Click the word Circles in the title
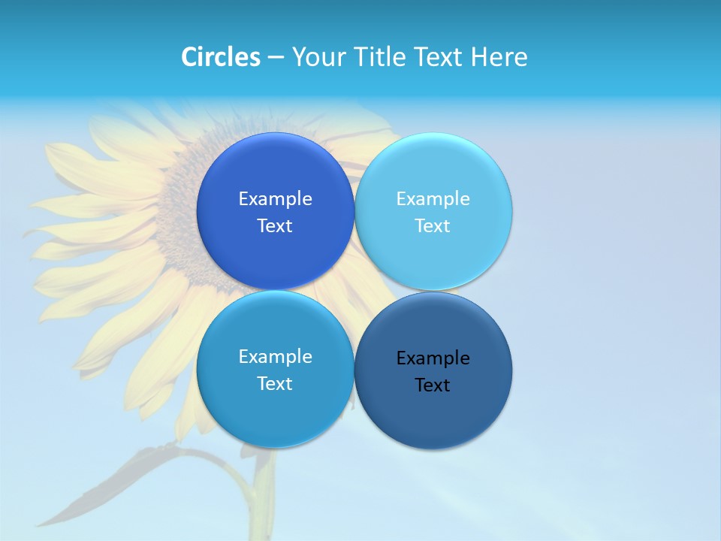coord(220,57)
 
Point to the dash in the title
coord(276,58)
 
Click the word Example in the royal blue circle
coord(275,199)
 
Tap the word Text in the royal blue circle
coord(275,226)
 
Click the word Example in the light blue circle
coord(433,199)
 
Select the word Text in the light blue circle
coord(433,226)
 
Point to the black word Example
coord(433,358)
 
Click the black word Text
coord(433,385)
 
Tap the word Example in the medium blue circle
coord(275,357)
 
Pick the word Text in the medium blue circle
coord(275,384)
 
